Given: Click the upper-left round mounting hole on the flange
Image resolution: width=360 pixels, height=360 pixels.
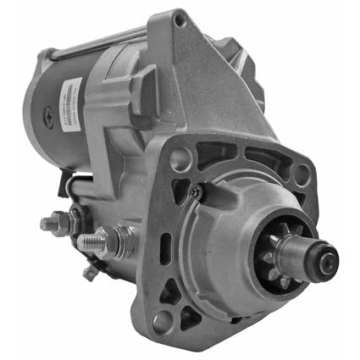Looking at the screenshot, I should pos(179,158).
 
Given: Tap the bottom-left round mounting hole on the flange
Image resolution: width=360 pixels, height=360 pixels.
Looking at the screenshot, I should pos(163,320).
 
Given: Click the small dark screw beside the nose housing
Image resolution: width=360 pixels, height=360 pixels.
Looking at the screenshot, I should pos(197,192).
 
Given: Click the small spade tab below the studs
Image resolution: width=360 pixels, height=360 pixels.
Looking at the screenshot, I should pos(91,272).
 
